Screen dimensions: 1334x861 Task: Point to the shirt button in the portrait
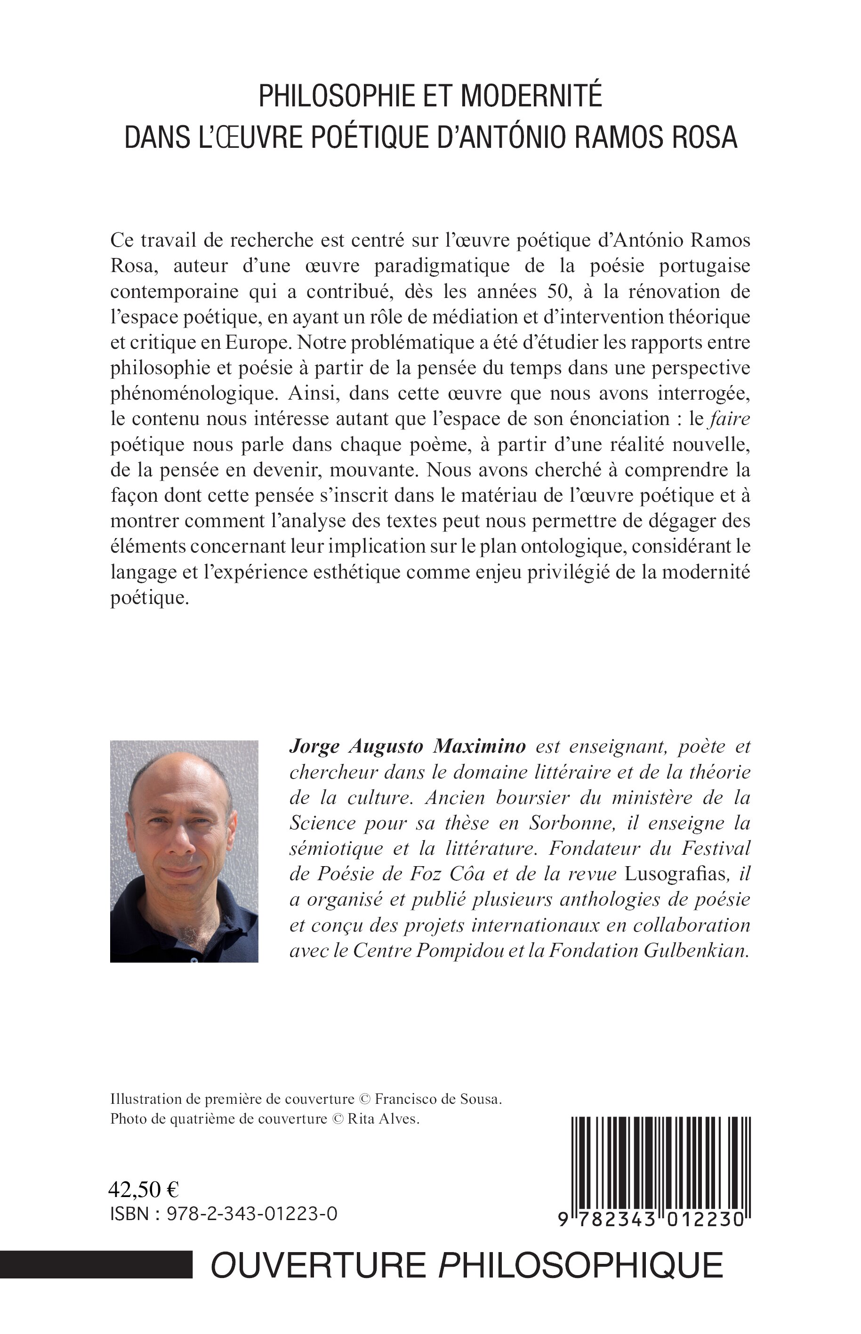coord(193,959)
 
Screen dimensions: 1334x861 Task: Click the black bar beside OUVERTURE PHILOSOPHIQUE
coord(96,1265)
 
